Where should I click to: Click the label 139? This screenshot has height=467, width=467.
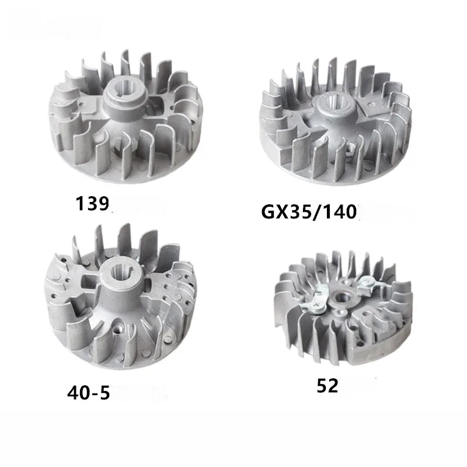click(x=92, y=204)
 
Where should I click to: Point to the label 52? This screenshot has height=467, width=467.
click(x=328, y=385)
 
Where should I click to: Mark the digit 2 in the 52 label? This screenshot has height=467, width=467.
click(x=333, y=385)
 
